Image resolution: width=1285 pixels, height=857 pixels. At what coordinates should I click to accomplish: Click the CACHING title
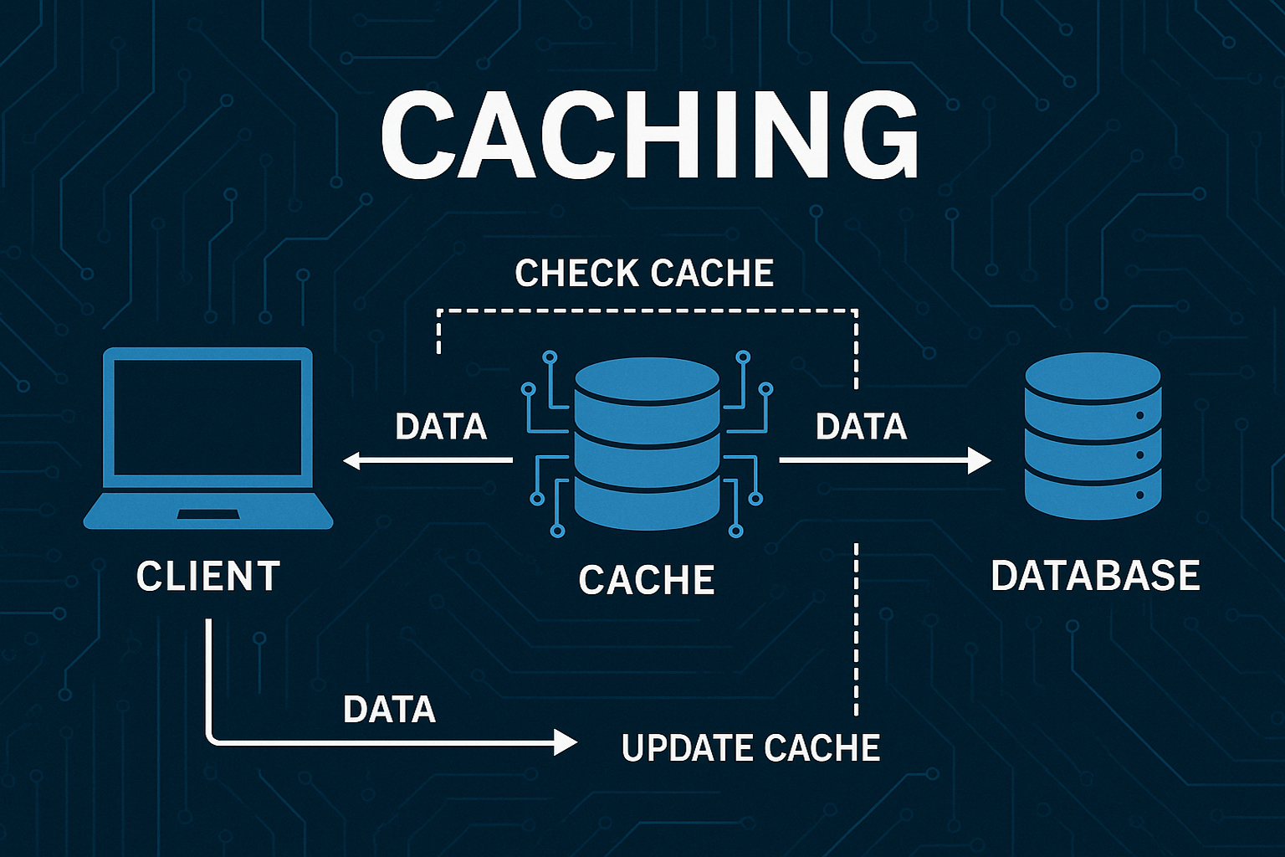tap(649, 136)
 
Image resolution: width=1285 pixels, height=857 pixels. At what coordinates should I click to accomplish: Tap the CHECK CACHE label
tap(644, 274)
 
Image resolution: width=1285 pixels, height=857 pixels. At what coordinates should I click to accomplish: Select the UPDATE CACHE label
tap(750, 747)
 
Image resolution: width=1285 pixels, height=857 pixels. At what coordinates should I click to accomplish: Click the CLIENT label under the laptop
tap(208, 577)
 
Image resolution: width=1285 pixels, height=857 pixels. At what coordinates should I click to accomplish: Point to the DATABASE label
tap(1095, 576)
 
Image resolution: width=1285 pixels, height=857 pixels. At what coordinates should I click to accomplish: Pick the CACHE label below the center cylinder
tap(647, 580)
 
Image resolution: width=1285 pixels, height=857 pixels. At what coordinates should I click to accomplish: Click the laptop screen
tap(208, 418)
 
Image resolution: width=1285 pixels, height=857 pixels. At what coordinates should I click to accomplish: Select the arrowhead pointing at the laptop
tap(352, 459)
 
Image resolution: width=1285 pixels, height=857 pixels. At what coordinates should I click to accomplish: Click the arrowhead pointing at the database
tap(980, 459)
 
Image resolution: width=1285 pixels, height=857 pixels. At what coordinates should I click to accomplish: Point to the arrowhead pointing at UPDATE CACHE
tap(566, 742)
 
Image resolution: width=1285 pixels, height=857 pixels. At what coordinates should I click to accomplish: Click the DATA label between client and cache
tap(441, 427)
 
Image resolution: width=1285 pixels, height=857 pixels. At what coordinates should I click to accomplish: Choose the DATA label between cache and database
tap(861, 427)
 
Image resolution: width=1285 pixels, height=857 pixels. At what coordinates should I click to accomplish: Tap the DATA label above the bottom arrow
tap(389, 710)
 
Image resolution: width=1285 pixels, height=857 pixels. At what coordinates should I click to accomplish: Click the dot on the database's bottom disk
tap(1139, 495)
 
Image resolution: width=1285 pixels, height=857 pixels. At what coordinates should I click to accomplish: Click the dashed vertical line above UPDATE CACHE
tap(856, 628)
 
